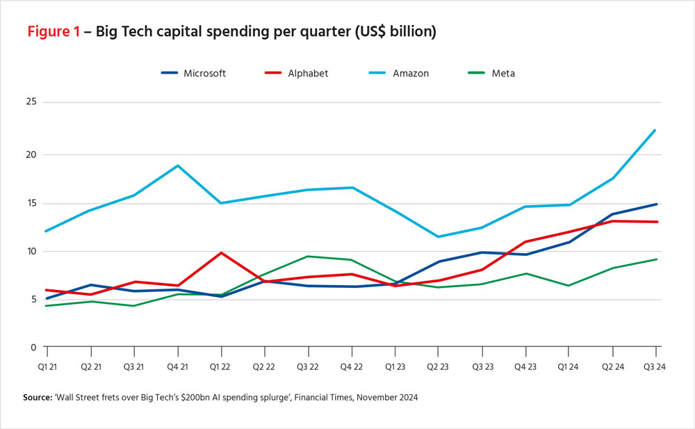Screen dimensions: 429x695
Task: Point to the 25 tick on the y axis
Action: (31, 103)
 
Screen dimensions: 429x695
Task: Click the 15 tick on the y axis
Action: (31, 204)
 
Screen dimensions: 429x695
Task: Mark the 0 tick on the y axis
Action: (33, 347)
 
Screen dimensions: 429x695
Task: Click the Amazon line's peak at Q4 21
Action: (177, 165)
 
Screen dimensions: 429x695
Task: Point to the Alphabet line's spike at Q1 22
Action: (221, 252)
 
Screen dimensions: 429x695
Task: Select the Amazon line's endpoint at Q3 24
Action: (655, 130)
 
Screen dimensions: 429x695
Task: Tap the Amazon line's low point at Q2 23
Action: (437, 236)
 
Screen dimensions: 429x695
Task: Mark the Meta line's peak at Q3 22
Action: (307, 257)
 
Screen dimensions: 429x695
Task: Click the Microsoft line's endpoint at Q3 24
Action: (655, 204)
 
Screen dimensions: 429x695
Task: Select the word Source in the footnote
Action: (39, 397)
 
